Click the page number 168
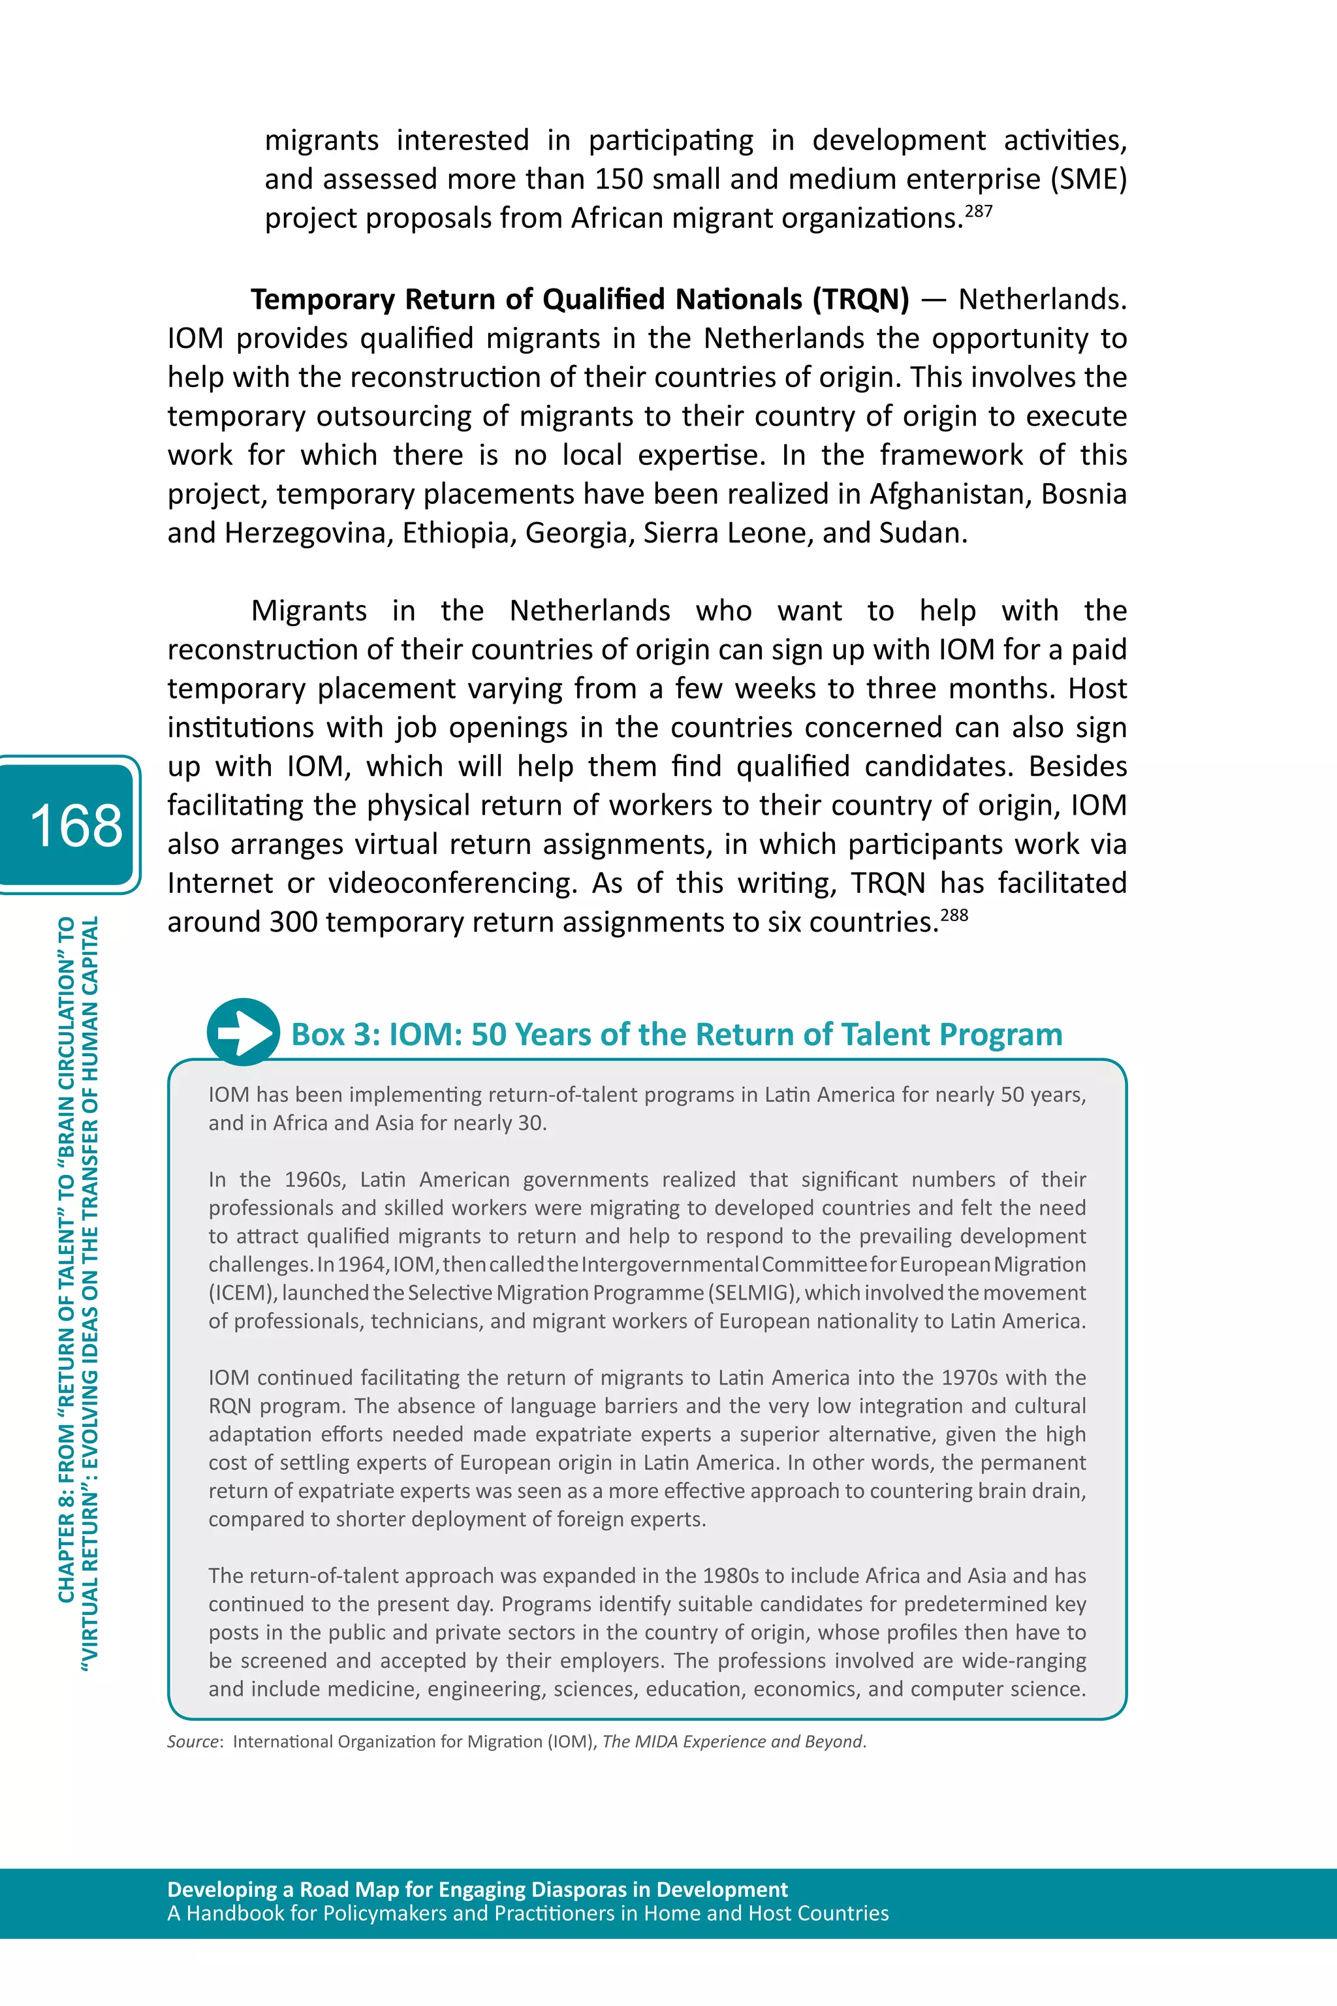click(75, 825)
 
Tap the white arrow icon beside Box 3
click(243, 1033)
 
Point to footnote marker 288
click(954, 915)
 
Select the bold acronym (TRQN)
click(860, 299)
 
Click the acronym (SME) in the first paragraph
click(1088, 179)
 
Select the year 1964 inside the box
click(362, 1264)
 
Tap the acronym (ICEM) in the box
click(242, 1293)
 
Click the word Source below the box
click(193, 1742)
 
